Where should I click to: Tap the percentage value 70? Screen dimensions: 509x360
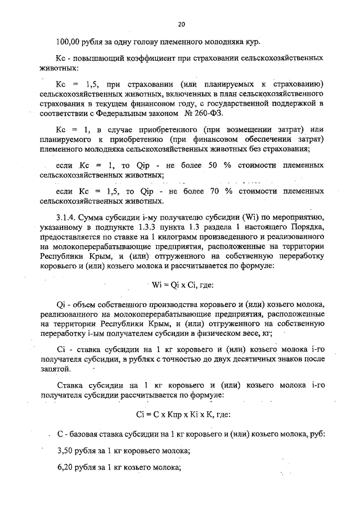tap(215, 192)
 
